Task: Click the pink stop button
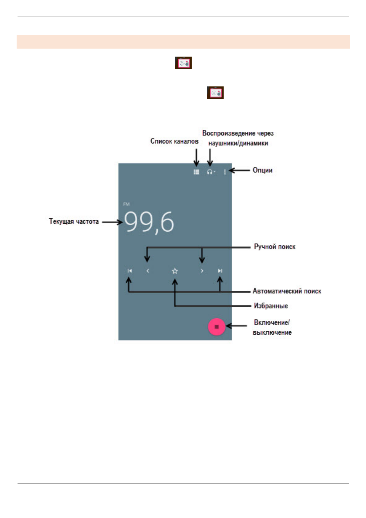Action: tap(217, 327)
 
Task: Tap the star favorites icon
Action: tap(175, 271)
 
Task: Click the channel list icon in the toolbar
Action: tap(196, 172)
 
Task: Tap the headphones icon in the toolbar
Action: tap(210, 172)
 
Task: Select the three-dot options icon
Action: tap(225, 172)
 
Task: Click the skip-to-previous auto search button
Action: tap(130, 271)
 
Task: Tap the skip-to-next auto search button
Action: tap(220, 271)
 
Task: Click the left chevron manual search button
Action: tap(148, 271)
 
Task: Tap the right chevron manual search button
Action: tap(202, 271)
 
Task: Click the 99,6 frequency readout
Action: tap(149, 222)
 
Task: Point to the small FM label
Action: tap(126, 204)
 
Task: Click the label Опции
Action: tap(262, 170)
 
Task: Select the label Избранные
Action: tap(271, 306)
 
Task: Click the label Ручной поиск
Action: tap(274, 247)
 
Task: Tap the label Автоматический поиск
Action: tap(287, 291)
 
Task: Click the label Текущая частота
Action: tap(74, 221)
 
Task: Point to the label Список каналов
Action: tap(174, 141)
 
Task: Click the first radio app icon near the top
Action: tap(183, 63)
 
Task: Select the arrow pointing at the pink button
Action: tap(236, 326)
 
